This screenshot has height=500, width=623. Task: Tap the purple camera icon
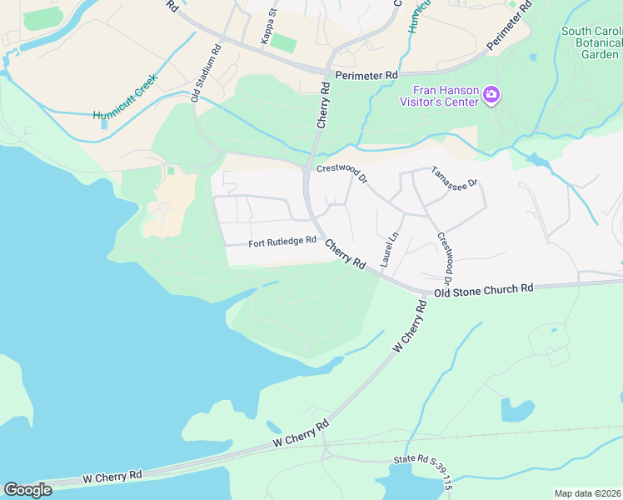pyautogui.click(x=491, y=95)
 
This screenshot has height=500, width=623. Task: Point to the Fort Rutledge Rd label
pyautogui.click(x=282, y=243)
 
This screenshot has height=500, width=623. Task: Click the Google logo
pyautogui.click(x=27, y=489)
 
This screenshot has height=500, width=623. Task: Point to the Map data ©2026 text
pyautogui.click(x=588, y=493)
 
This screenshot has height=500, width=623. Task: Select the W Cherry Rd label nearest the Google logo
pyautogui.click(x=112, y=477)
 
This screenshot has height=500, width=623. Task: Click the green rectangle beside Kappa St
pyautogui.click(x=284, y=43)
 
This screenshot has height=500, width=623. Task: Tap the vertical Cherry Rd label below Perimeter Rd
pyautogui.click(x=324, y=104)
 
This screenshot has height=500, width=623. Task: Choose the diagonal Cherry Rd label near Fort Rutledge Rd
pyautogui.click(x=345, y=254)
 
